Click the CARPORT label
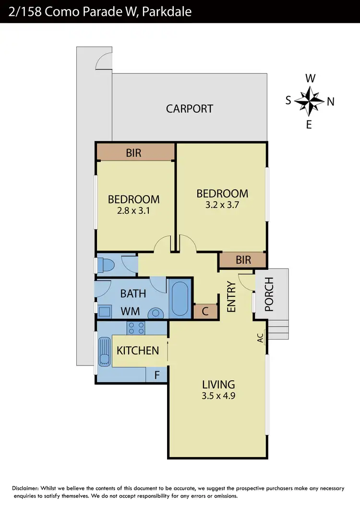tap(189, 109)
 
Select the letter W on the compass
tap(311, 78)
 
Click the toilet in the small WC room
tap(103, 265)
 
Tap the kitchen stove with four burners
tap(136, 328)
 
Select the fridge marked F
tap(156, 375)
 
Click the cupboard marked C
tap(205, 311)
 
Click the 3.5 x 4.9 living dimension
tap(218, 397)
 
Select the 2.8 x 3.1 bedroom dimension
tap(133, 210)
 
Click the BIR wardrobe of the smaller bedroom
tap(134, 153)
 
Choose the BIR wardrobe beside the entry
tap(243, 260)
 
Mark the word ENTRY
tap(231, 297)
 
